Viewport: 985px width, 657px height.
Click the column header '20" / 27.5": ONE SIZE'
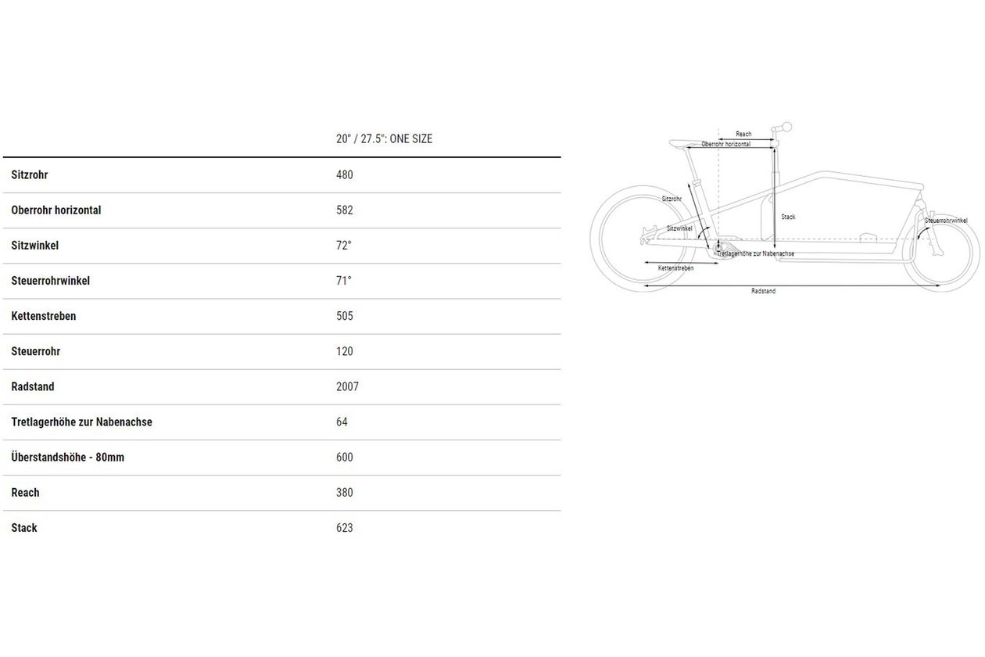pos(385,139)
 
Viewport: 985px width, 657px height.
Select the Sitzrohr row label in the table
pos(30,174)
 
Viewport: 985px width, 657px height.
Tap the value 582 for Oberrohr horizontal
pos(345,210)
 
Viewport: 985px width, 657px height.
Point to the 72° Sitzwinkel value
pos(344,245)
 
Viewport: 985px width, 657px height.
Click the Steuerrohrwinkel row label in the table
pos(51,281)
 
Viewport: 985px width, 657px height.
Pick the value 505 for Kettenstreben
pos(345,316)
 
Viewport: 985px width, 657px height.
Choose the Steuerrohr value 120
pos(345,351)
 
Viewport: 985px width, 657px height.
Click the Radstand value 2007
pos(347,386)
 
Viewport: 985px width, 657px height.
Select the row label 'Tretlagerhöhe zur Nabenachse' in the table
pos(82,422)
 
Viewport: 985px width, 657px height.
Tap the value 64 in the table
pos(342,422)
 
